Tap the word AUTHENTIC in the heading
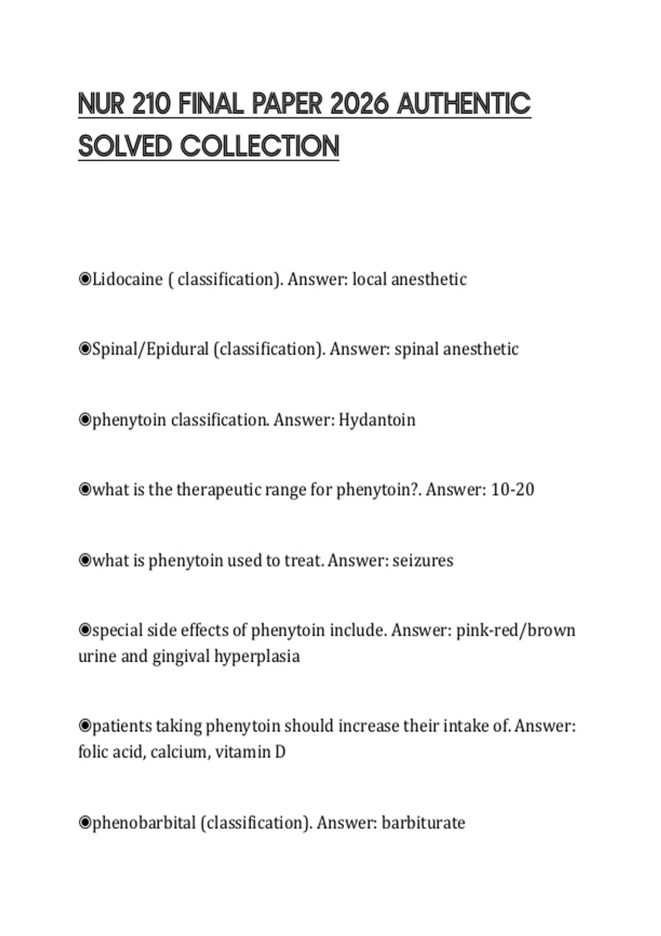(463, 104)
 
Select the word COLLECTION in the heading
(259, 146)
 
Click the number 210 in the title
(152, 104)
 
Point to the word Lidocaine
(127, 279)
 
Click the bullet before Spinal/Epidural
(85, 349)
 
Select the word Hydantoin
(377, 420)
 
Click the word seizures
(422, 560)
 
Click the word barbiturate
(423, 823)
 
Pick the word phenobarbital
(144, 823)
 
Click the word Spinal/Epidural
(150, 349)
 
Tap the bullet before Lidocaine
(85, 279)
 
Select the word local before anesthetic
(369, 279)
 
